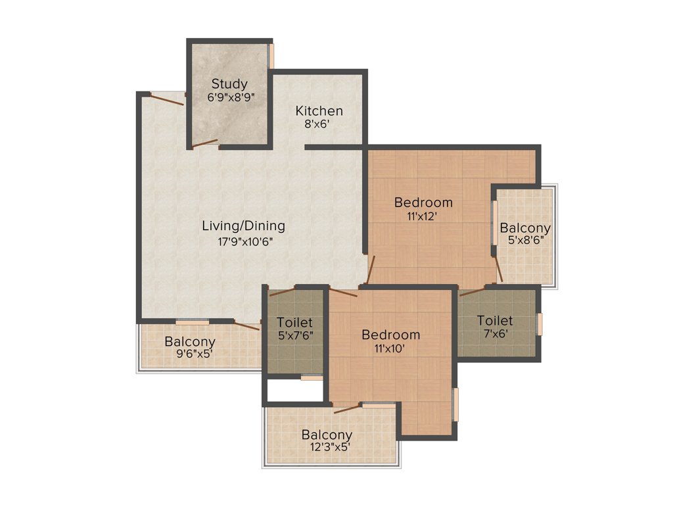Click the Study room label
pos(229,84)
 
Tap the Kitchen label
pos(319,110)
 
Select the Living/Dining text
pos(243,226)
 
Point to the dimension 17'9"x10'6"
pos(244,241)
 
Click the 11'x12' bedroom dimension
pos(423,215)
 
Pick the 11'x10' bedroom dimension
pos(390,349)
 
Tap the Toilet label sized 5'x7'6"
pos(294,323)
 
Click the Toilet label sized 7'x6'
pos(494,320)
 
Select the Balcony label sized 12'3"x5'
pos(327,435)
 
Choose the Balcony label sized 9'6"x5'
pos(189,342)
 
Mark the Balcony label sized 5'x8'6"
pos(524,228)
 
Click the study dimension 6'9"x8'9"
pos(230,97)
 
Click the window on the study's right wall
pos(271,56)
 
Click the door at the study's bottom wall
pos(205,143)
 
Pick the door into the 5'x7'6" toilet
pos(283,292)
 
